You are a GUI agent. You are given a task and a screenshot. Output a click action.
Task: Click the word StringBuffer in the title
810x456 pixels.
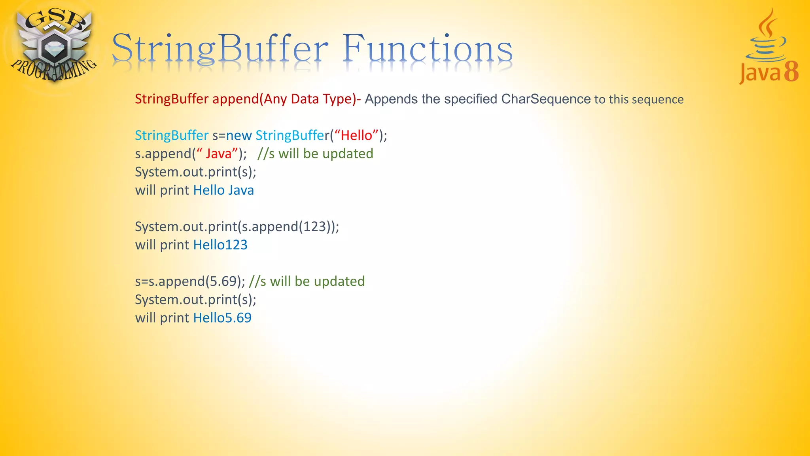[220, 49]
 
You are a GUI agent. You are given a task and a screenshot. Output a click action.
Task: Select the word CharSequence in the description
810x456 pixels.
[546, 99]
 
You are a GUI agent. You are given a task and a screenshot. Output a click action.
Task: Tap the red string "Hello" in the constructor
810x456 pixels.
[356, 135]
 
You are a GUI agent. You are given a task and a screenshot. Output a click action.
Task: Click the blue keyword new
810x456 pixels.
[239, 135]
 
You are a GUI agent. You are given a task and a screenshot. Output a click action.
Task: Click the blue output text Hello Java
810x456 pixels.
[223, 190]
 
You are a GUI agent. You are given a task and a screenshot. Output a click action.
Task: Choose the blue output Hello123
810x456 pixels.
[220, 245]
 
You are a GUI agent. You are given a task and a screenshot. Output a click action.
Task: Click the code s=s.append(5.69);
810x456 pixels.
[190, 281]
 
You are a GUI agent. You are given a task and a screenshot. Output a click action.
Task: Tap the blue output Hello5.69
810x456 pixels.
[222, 318]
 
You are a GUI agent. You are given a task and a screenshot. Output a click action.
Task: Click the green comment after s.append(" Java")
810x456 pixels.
[315, 154]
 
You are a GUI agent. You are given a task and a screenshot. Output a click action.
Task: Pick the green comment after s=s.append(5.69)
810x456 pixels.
[307, 281]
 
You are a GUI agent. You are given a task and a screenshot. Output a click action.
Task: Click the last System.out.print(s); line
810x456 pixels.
[195, 300]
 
